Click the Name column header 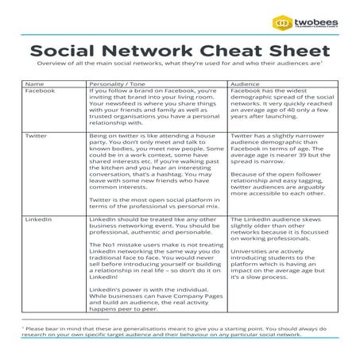[x=34, y=83]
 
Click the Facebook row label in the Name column [x=40, y=91]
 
